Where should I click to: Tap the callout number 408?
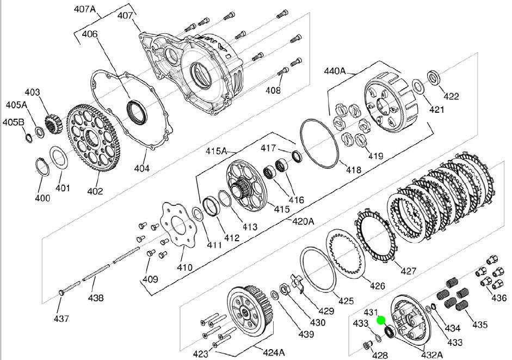click(273, 91)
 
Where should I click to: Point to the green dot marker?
click(381, 321)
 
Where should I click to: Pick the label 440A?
click(335, 71)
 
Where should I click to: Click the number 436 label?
click(498, 298)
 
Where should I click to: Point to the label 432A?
click(431, 355)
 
